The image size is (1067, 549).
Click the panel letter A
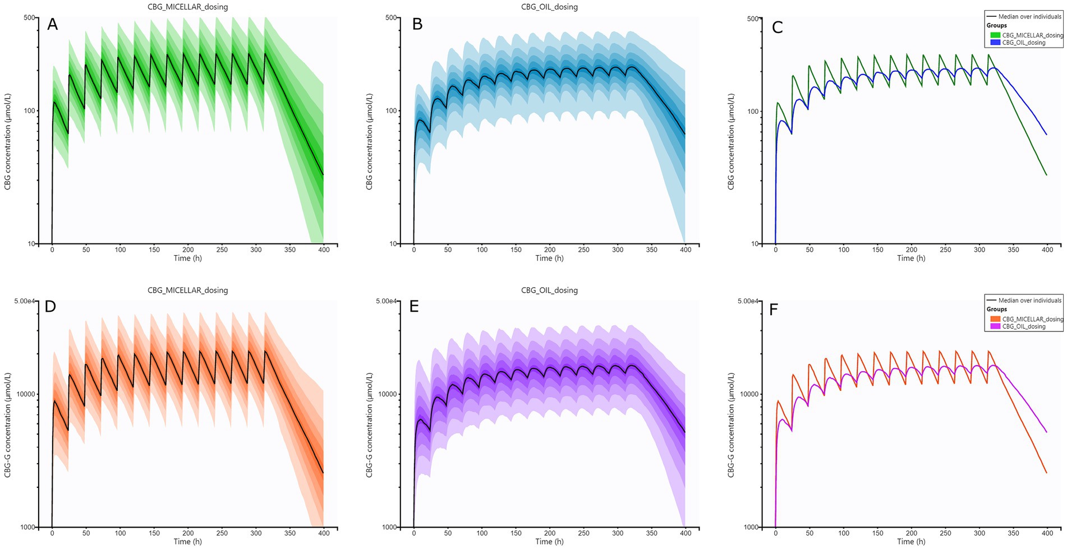click(52, 24)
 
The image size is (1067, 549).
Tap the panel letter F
click(774, 310)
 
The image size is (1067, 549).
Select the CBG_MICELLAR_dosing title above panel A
click(187, 7)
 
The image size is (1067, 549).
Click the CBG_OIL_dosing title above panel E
click(549, 290)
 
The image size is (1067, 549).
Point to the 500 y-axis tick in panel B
click(391, 17)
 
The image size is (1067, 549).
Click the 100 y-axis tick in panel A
click(30, 110)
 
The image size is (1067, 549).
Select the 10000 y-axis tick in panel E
click(388, 394)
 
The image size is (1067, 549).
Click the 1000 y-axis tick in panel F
click(751, 527)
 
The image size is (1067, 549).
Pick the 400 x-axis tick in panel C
click(1047, 250)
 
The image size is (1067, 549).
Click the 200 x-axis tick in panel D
click(188, 533)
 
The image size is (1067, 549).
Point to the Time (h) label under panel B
click(549, 258)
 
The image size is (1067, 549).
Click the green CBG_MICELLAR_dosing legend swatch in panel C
click(995, 35)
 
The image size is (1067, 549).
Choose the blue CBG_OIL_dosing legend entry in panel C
click(1024, 43)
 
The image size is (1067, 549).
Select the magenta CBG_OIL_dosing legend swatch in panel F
click(995, 326)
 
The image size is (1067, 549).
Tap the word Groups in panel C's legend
click(997, 25)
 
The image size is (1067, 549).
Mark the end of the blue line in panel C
click(1047, 135)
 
